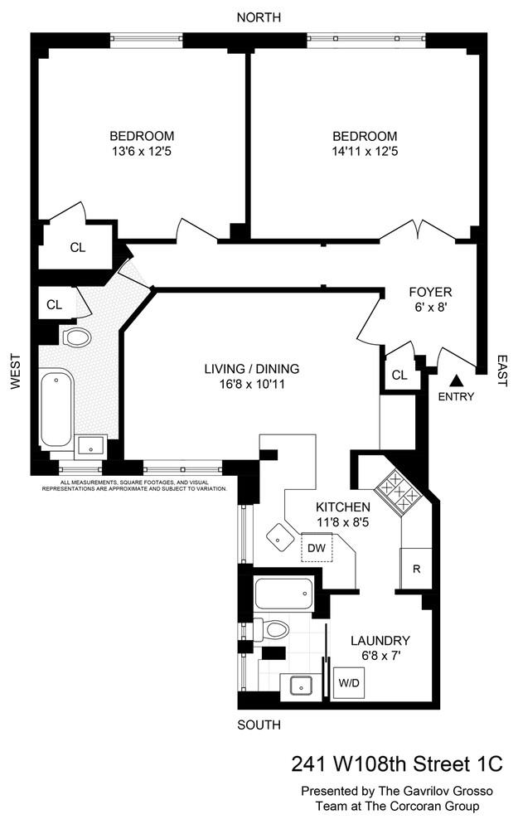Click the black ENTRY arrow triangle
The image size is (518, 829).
(x=455, y=381)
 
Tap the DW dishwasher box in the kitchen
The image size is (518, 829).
(x=317, y=548)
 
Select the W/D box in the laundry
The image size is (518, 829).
(x=348, y=683)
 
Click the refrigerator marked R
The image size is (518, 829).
(x=416, y=570)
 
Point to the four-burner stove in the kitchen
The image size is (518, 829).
(x=397, y=495)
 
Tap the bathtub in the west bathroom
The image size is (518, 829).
(x=56, y=410)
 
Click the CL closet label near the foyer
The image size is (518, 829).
(x=399, y=375)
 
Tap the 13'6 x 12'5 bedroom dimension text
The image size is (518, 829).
(x=142, y=152)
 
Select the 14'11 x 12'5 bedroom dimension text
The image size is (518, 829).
(x=365, y=152)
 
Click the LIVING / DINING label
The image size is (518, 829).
(x=252, y=369)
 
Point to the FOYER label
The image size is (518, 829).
(x=430, y=292)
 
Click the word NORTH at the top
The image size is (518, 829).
(x=259, y=17)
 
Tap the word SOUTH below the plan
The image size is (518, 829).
(x=259, y=725)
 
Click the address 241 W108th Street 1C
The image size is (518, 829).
(x=397, y=763)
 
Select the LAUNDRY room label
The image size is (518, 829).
(x=380, y=640)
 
